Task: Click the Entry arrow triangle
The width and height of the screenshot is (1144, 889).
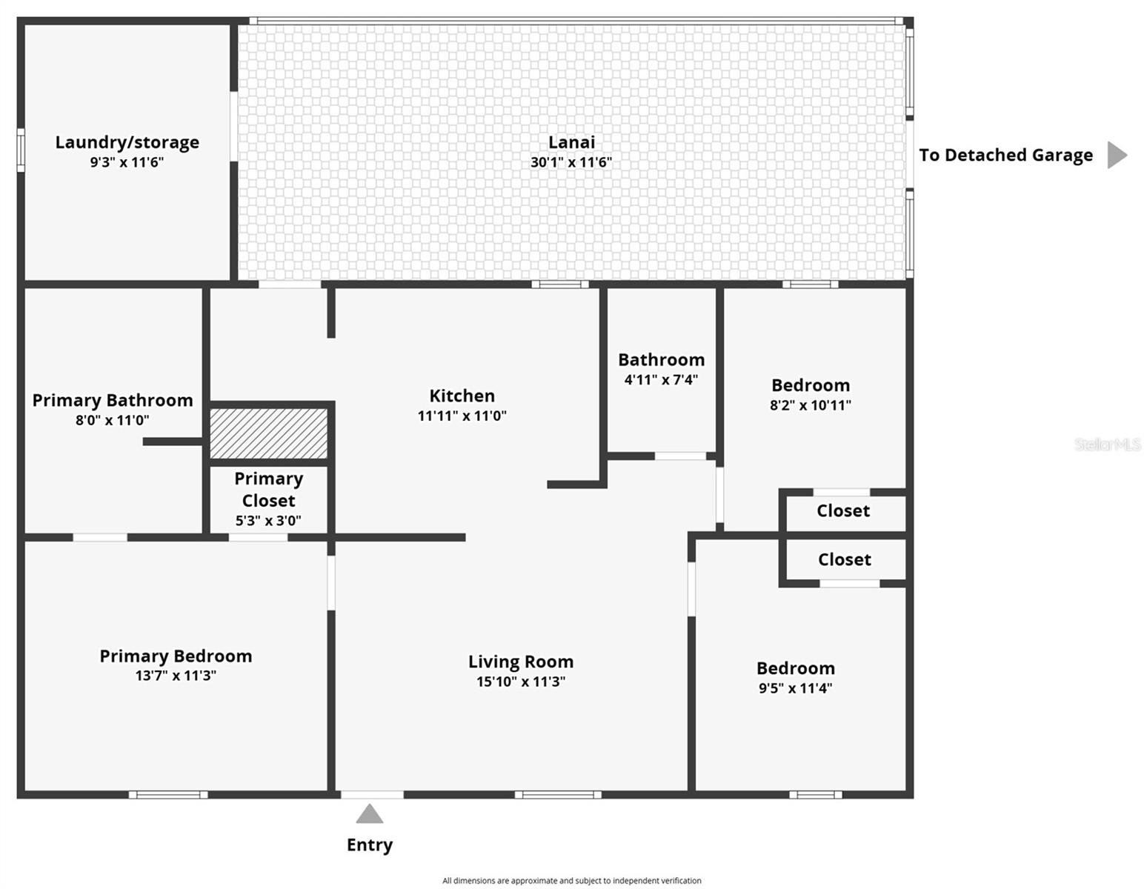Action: click(369, 815)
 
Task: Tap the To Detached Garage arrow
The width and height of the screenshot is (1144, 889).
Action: click(1116, 155)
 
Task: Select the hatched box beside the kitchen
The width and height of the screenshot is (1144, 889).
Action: click(268, 433)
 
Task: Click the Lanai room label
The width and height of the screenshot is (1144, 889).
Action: click(571, 142)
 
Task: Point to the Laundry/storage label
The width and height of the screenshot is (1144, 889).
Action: click(127, 142)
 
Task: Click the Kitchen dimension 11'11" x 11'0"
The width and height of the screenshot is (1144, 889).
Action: click(462, 416)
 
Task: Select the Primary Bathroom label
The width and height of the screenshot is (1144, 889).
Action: click(113, 400)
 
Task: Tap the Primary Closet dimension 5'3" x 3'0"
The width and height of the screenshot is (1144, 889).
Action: click(268, 521)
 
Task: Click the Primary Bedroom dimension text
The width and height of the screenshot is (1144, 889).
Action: click(176, 676)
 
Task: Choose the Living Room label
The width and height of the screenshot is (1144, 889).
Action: click(520, 662)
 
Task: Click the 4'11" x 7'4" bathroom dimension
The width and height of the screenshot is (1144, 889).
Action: click(661, 380)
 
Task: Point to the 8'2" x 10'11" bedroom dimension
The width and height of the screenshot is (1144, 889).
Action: click(810, 405)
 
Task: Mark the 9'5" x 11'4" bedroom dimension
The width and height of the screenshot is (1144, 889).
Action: click(795, 688)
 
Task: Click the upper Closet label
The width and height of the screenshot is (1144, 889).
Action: click(843, 511)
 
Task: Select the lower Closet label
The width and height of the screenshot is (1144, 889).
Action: click(844, 560)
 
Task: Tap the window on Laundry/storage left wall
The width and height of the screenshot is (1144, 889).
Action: click(21, 150)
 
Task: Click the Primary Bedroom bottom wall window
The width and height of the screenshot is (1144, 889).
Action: click(168, 795)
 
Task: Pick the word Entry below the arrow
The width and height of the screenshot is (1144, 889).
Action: click(370, 845)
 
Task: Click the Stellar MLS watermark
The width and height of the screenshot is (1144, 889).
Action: click(1107, 444)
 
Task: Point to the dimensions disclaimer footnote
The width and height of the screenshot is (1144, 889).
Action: click(571, 881)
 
